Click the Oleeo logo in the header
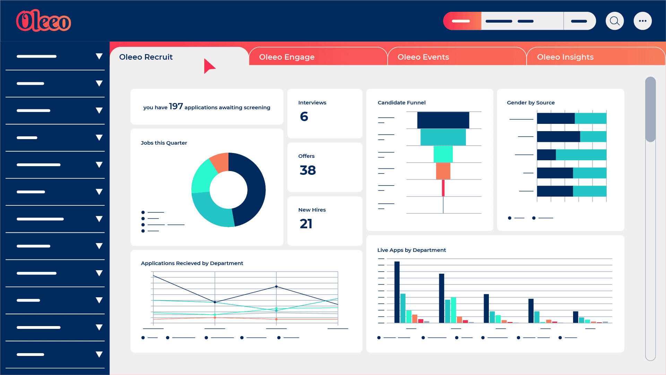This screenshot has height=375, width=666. pyautogui.click(x=43, y=21)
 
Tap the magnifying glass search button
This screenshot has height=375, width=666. pyautogui.click(x=615, y=21)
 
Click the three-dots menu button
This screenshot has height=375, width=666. pyautogui.click(x=642, y=21)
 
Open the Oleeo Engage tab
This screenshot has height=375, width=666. pyautogui.click(x=287, y=57)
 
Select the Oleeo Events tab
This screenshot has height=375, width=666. pyautogui.click(x=423, y=57)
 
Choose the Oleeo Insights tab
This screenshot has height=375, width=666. pyautogui.click(x=565, y=57)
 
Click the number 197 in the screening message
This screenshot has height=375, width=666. pyautogui.click(x=176, y=106)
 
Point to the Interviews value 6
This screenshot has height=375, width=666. pyautogui.click(x=304, y=117)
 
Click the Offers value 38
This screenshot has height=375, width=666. pyautogui.click(x=308, y=170)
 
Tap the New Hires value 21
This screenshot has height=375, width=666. pyautogui.click(x=306, y=224)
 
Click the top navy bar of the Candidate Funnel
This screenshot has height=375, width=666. pyautogui.click(x=443, y=120)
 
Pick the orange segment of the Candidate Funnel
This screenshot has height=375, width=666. pyautogui.click(x=443, y=171)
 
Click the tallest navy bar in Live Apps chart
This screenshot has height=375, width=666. pyautogui.click(x=397, y=292)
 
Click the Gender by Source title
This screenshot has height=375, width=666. pyautogui.click(x=530, y=103)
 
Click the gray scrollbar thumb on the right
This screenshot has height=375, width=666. pyautogui.click(x=650, y=109)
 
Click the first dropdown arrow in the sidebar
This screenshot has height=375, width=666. pyautogui.click(x=99, y=56)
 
